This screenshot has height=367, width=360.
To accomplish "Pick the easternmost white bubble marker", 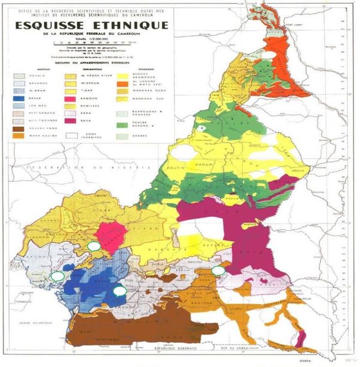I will click(219, 270).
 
